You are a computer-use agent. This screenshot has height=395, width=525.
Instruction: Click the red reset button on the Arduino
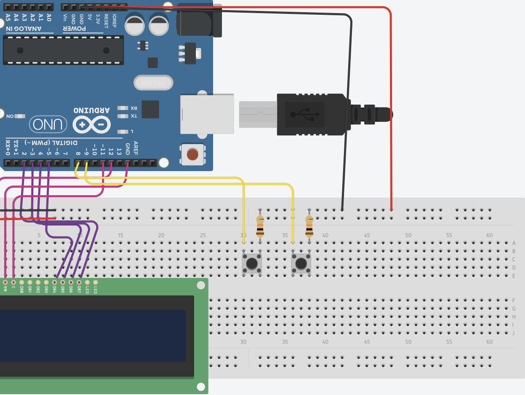click(x=192, y=154)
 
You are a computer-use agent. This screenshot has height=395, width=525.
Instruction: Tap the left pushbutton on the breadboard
click(x=252, y=263)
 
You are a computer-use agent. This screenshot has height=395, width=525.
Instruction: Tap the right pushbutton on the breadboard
click(x=301, y=263)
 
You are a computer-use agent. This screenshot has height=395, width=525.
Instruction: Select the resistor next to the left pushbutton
click(x=260, y=226)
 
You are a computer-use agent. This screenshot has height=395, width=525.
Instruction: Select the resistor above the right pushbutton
click(x=309, y=226)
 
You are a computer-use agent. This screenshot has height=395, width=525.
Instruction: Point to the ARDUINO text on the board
click(x=92, y=110)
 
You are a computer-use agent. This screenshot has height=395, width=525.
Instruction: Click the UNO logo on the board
click(x=48, y=124)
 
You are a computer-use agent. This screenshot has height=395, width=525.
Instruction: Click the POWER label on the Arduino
click(x=75, y=29)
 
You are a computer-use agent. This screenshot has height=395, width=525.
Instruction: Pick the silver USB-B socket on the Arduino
click(x=207, y=114)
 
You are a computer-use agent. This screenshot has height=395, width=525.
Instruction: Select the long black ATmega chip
click(x=63, y=50)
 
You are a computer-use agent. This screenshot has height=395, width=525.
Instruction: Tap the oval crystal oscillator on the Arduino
click(x=153, y=83)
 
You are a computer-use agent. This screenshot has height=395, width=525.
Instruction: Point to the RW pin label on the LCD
click(x=5, y=289)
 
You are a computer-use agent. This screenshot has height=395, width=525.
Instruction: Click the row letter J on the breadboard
click(x=514, y=333)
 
